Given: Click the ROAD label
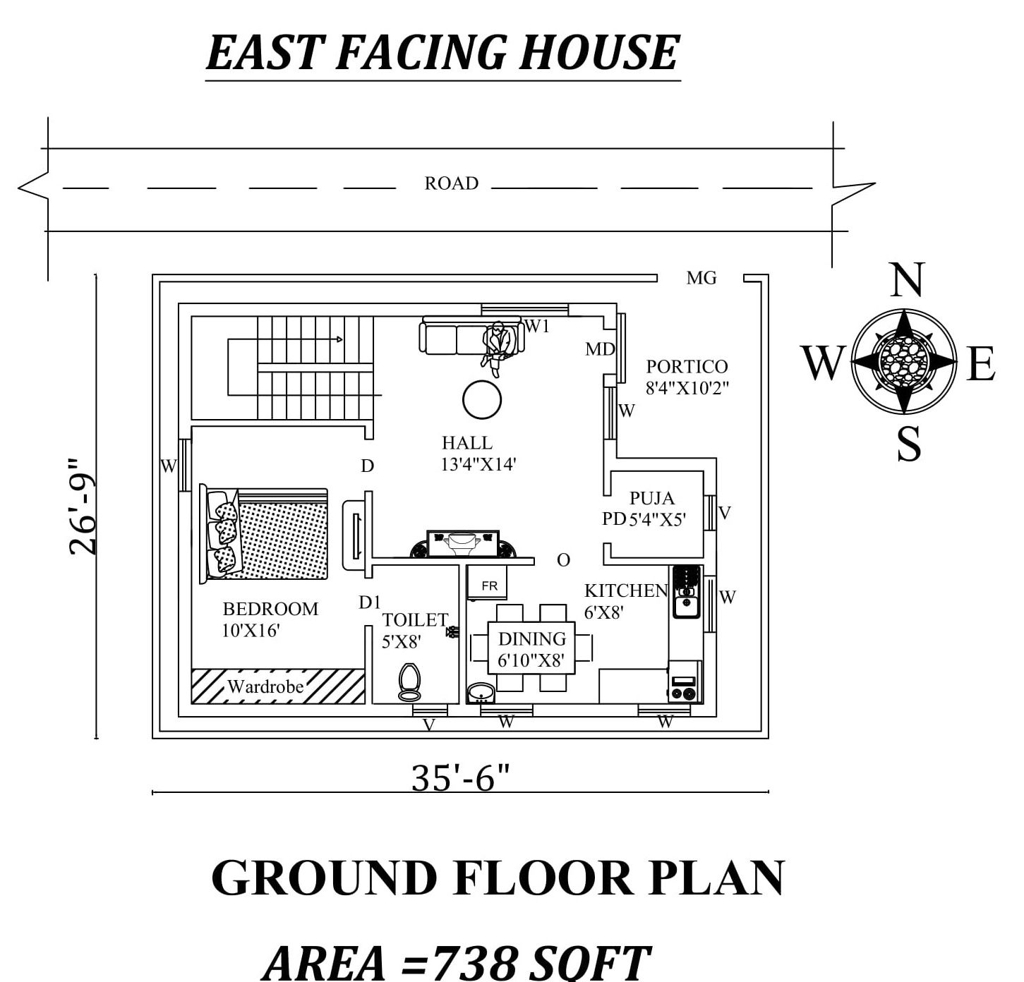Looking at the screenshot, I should tap(451, 183).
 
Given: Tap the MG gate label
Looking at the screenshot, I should tap(701, 278).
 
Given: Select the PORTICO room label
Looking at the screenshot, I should tap(687, 367).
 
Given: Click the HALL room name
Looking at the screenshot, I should tap(466, 443).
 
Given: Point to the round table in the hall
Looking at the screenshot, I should tap(482, 400).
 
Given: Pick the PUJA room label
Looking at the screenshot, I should tap(652, 498).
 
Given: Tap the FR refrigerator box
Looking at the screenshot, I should tap(489, 586).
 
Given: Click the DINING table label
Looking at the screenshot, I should tap(532, 639).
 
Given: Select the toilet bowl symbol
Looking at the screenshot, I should tap(409, 681).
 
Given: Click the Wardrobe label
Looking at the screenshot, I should tap(265, 686).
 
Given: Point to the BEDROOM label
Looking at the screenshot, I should tap(270, 609).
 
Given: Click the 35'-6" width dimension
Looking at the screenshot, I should tap(460, 779).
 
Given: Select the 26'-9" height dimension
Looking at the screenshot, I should tap(83, 506).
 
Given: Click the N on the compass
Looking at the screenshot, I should tap(907, 280).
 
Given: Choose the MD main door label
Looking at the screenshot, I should tap(599, 349).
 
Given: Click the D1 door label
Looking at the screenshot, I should tap(369, 602).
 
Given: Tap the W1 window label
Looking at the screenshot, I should tap(536, 327).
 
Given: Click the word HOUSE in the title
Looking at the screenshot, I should tap(599, 52).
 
